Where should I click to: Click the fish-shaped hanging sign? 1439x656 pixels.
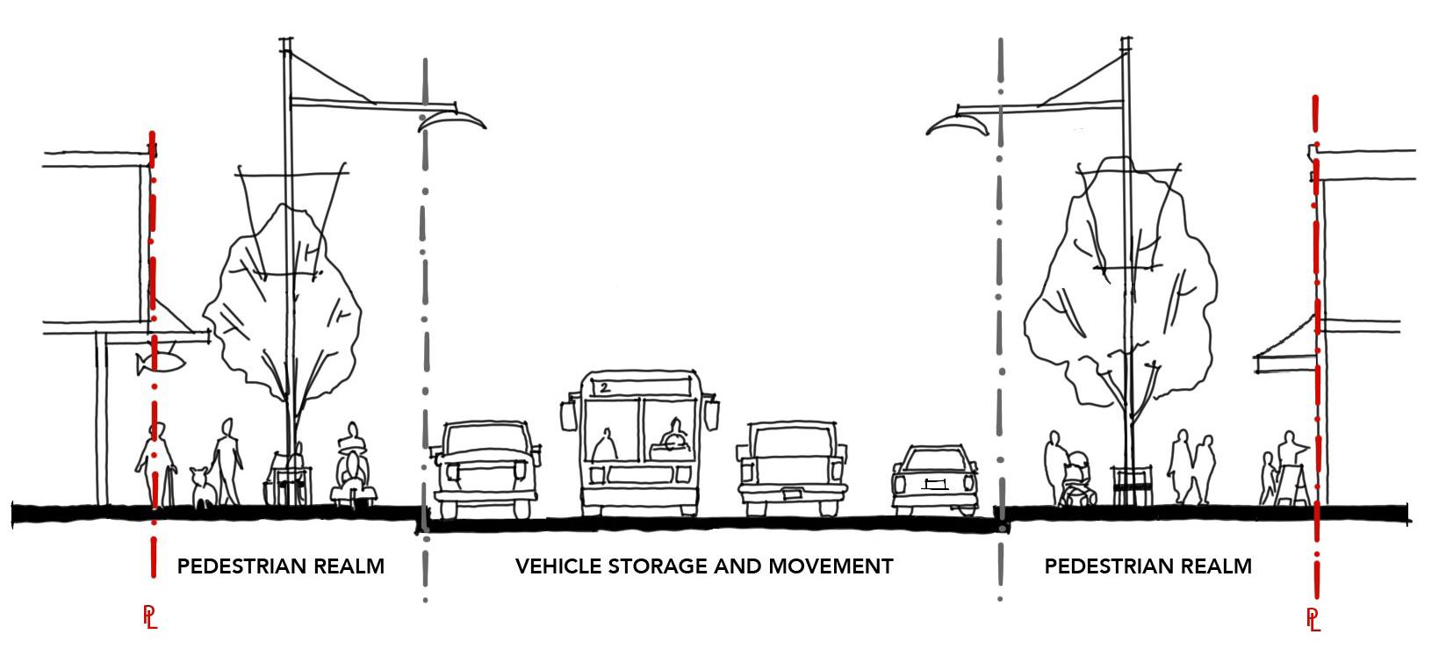(158, 362)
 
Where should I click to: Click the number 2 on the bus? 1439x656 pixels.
(604, 386)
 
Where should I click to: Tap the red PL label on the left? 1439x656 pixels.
(150, 617)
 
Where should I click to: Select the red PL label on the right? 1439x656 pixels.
(1313, 619)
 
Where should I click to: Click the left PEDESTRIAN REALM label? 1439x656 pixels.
(281, 566)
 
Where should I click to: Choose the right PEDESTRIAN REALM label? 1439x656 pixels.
(1148, 566)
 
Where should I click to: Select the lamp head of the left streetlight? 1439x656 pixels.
(451, 120)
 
